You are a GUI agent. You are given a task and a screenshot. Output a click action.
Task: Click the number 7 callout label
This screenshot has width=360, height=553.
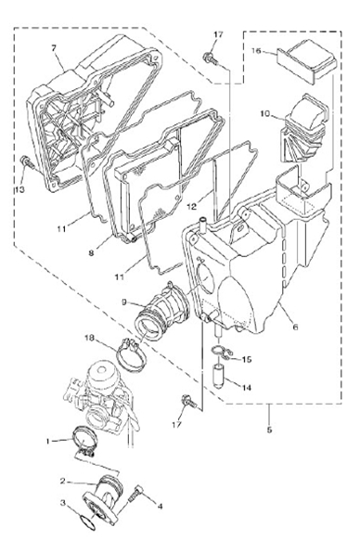click(54, 48)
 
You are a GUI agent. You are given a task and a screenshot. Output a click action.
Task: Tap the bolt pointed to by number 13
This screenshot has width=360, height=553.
click(26, 162)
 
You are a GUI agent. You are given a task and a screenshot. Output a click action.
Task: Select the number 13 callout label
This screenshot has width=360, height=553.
click(19, 189)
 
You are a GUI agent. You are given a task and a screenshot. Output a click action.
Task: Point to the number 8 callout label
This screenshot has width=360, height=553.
click(91, 252)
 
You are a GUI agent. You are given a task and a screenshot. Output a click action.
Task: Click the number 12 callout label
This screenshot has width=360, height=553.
click(191, 206)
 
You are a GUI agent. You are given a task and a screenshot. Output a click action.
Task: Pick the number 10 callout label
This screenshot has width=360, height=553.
click(264, 114)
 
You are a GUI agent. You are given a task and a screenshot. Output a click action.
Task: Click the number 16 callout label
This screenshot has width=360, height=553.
click(256, 51)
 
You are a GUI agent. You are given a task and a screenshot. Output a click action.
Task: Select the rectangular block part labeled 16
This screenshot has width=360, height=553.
click(307, 62)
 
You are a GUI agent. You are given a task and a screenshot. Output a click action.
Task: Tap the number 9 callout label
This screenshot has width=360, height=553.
click(124, 302)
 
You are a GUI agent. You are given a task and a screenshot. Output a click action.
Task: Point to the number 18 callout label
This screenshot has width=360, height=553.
click(90, 339)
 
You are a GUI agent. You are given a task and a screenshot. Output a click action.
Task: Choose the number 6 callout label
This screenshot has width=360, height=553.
click(295, 327)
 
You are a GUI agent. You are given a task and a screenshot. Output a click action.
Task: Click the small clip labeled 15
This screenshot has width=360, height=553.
click(221, 353)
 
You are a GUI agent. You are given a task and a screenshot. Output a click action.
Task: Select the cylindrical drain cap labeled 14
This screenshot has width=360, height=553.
click(219, 376)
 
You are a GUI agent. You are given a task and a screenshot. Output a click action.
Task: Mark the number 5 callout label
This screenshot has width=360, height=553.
click(269, 430)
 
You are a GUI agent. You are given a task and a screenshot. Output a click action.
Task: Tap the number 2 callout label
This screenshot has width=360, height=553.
click(62, 481)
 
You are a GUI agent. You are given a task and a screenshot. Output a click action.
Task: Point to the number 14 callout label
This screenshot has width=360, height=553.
click(247, 388)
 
